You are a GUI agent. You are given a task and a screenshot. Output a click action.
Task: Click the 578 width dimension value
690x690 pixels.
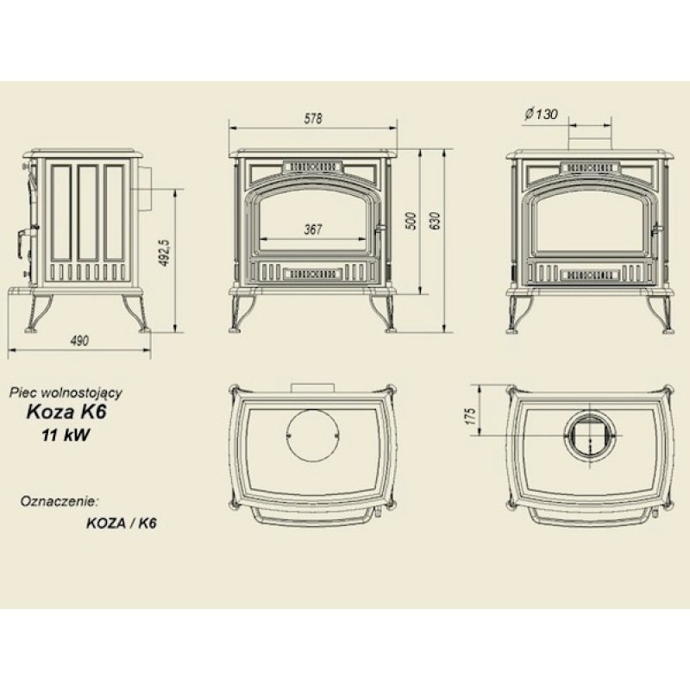pyautogui.click(x=313, y=118)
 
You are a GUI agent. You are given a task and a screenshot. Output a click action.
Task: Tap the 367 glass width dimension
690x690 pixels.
pyautogui.click(x=313, y=229)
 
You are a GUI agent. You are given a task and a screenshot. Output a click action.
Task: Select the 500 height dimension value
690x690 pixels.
pyautogui.click(x=411, y=222)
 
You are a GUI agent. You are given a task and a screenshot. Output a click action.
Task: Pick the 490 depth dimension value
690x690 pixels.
pyautogui.click(x=79, y=341)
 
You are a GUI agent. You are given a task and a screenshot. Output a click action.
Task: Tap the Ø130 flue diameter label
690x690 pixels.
pyautogui.click(x=541, y=115)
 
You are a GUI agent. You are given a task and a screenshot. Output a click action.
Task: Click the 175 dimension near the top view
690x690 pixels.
pyautogui.click(x=470, y=417)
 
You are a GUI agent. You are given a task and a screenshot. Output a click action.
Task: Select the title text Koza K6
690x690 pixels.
pyautogui.click(x=67, y=412)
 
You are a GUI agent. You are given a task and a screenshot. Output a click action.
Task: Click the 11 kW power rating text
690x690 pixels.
pyautogui.click(x=66, y=436)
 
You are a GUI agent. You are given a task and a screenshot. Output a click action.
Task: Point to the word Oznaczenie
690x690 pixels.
pyautogui.click(x=58, y=501)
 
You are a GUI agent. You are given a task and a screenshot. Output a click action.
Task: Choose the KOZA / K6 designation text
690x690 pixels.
pyautogui.click(x=122, y=524)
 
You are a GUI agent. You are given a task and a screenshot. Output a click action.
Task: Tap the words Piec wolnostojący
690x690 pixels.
pyautogui.click(x=66, y=392)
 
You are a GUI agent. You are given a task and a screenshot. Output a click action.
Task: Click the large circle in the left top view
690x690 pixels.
pyautogui.click(x=313, y=436)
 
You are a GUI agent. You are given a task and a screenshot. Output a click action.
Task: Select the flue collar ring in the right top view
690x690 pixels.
pyautogui.click(x=589, y=435)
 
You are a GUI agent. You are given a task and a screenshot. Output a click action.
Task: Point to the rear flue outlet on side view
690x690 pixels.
pyautogui.click(x=145, y=188)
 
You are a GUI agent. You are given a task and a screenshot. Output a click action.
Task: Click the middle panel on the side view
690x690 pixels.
pyautogui.click(x=88, y=212)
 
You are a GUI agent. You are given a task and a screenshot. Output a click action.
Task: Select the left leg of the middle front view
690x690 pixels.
pyautogui.click(x=241, y=313)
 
